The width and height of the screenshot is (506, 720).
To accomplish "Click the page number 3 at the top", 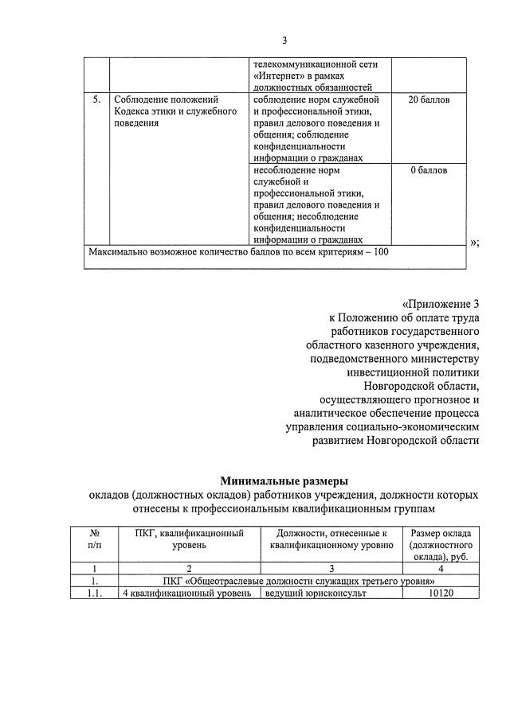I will (284, 41).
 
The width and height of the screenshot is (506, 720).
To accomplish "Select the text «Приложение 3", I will (441, 303).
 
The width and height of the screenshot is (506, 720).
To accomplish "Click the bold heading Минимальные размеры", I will (284, 481).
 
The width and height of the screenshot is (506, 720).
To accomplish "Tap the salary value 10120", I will (441, 594).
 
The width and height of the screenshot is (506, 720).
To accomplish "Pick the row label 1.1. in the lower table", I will (95, 594).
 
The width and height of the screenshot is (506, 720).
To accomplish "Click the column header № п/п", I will (95, 539).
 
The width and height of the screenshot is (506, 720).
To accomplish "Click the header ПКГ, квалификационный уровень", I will (190, 539).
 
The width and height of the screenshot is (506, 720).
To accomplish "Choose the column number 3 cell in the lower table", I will (331, 569).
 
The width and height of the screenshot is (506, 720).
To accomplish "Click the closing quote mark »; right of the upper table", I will (475, 243).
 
